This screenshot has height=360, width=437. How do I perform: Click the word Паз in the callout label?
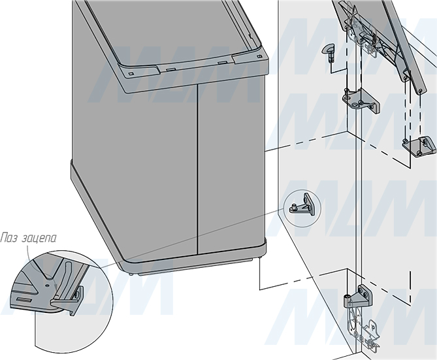[x=9, y=238]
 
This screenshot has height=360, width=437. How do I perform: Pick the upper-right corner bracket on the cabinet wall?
[x=419, y=146]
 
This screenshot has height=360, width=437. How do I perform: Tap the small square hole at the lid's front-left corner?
[x=131, y=74]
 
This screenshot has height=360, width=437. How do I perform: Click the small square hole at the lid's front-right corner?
[x=259, y=57]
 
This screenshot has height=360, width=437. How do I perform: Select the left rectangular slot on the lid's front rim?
[x=170, y=69]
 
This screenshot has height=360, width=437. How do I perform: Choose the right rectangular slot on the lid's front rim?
[x=222, y=63]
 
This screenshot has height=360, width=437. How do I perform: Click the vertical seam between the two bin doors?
[x=198, y=169]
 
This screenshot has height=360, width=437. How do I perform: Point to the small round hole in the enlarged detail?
[x=48, y=286]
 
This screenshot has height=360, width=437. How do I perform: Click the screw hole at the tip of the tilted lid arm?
[x=420, y=91]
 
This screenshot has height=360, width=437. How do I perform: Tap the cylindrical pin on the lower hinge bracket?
[x=347, y=301]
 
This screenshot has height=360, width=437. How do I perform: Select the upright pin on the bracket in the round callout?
[x=293, y=207]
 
